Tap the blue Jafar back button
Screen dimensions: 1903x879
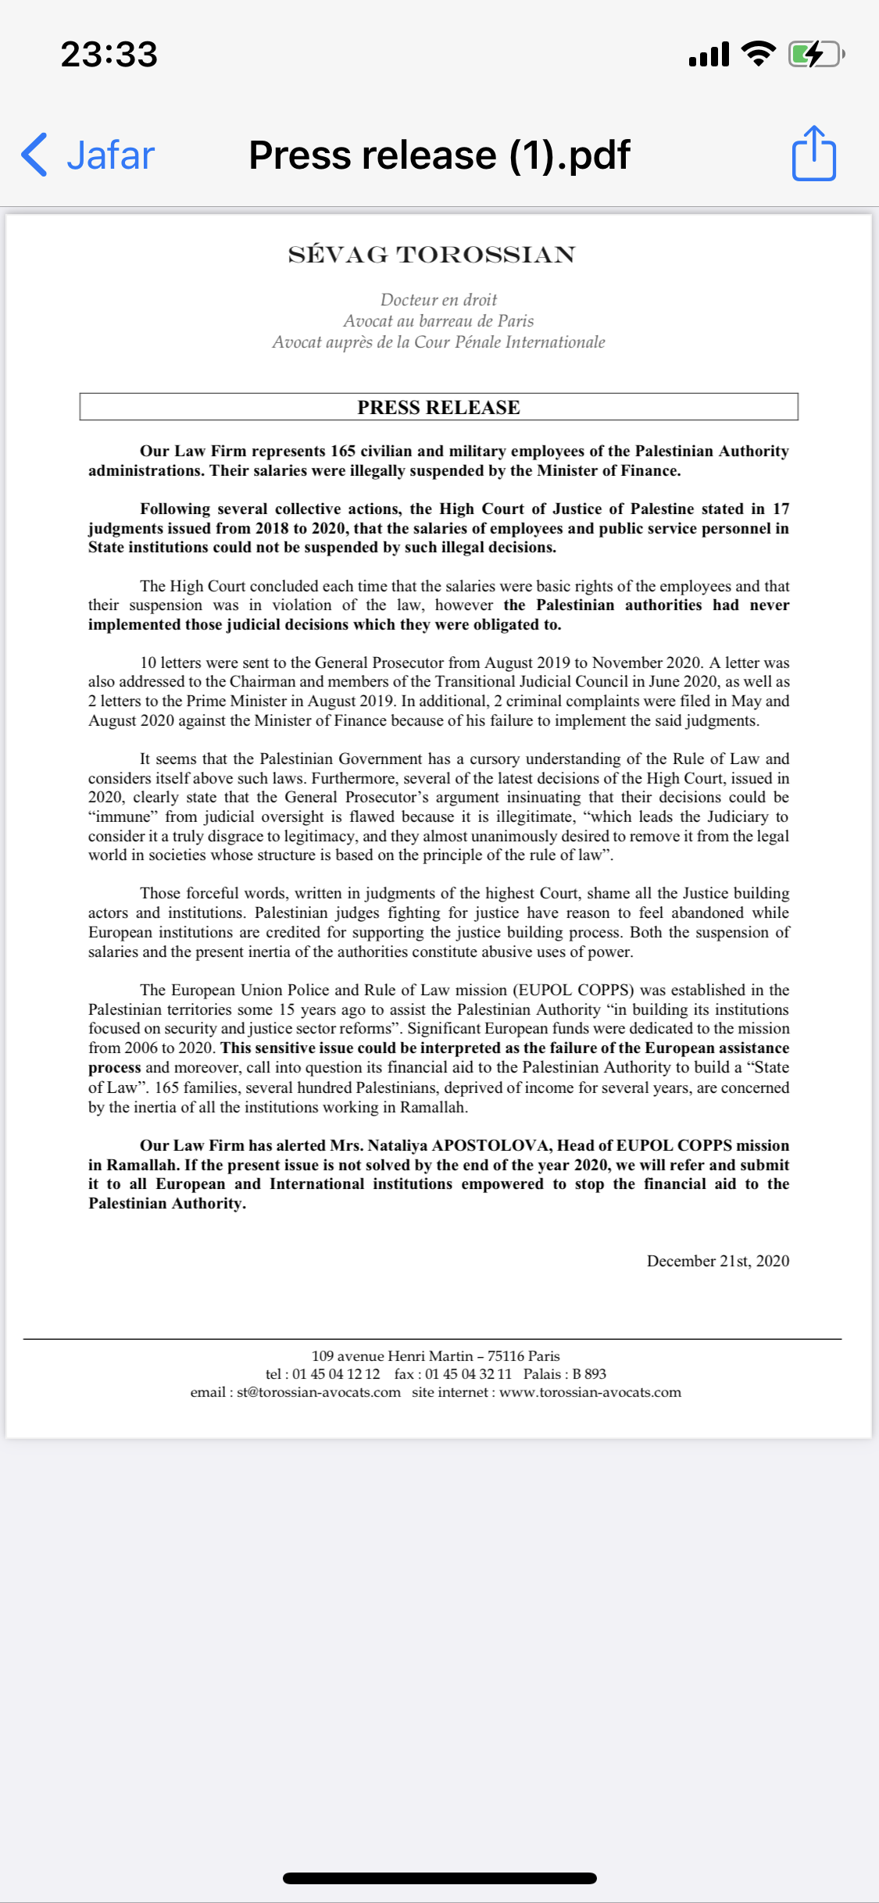[x=88, y=155]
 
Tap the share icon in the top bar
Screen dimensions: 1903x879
[x=813, y=154]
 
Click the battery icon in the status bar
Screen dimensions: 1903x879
[x=815, y=54]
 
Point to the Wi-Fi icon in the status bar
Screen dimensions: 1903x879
[x=757, y=53]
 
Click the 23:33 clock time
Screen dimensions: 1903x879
[x=109, y=54]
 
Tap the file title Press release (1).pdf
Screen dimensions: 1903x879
[x=439, y=155]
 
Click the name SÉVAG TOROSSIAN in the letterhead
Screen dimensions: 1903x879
[x=431, y=255]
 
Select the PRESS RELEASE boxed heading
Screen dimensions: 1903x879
[x=438, y=407]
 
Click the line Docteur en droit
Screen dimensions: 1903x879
[x=438, y=300]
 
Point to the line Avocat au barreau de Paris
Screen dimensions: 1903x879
[x=438, y=321]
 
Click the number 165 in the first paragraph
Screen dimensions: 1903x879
[x=343, y=452]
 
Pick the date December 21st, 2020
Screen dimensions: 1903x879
[x=717, y=1261]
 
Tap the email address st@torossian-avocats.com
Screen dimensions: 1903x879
[x=319, y=1392]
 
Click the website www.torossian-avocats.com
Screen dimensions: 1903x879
[x=590, y=1392]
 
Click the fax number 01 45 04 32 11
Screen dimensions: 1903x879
[x=468, y=1374]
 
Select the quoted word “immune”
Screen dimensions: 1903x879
[x=123, y=816]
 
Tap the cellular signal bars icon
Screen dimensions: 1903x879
[x=709, y=55]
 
